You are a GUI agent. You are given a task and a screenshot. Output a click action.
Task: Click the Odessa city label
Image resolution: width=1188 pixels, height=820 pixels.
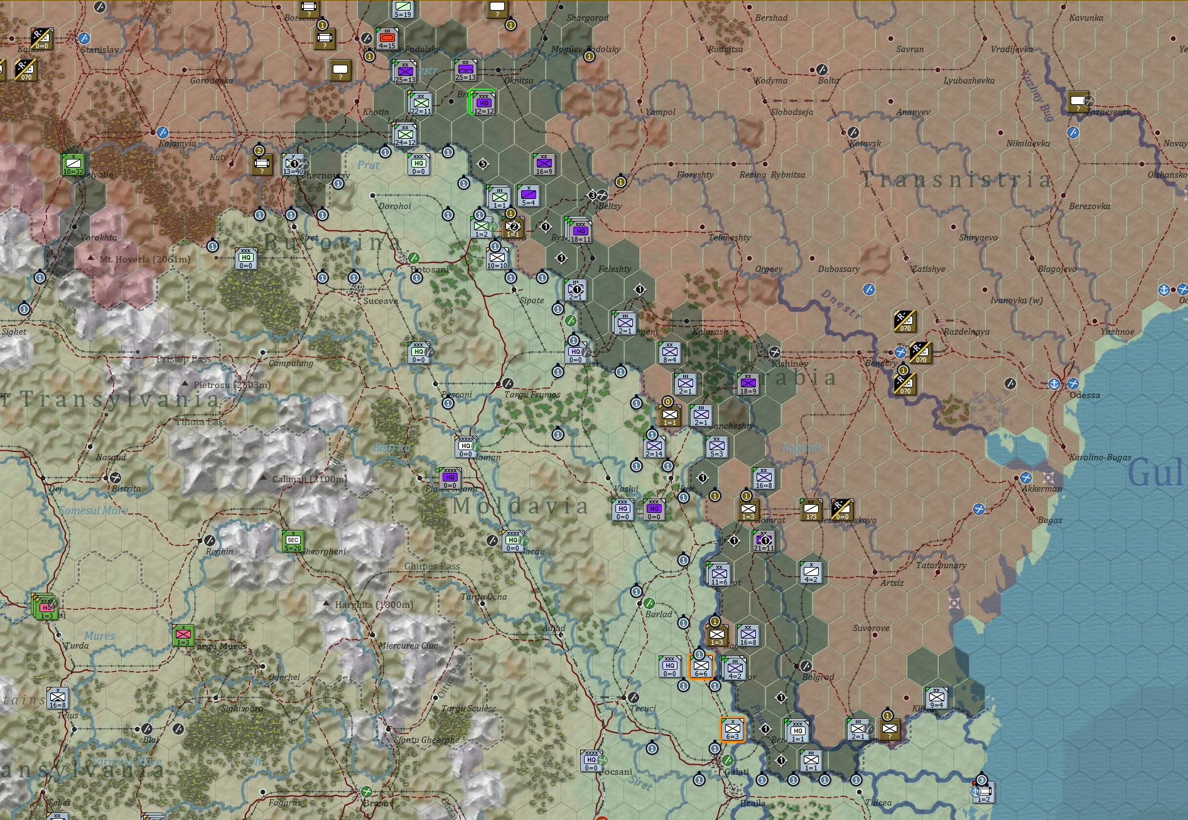pos(1084,395)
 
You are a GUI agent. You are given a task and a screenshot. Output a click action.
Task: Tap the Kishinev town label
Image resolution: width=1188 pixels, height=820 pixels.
pos(789,364)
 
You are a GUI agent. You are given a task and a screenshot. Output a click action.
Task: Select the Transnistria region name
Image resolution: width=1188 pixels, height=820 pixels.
pos(956,180)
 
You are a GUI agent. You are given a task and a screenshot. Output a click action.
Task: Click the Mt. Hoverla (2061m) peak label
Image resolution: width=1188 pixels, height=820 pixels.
pos(144,259)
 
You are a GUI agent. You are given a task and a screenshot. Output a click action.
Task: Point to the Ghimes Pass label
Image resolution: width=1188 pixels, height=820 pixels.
pos(432,566)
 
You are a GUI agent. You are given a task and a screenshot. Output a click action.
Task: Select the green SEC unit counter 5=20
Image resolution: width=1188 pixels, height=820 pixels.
pos(293,541)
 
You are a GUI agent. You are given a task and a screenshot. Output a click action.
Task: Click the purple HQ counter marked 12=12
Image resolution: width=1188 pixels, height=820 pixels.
pos(483,104)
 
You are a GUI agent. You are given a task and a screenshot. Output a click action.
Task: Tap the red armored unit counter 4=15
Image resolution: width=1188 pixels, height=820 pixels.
pos(387,39)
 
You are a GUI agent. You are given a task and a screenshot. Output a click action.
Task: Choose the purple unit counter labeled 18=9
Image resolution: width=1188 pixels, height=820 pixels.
pos(748,384)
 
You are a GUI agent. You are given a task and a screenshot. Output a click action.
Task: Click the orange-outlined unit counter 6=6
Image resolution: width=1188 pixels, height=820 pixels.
pos(701,667)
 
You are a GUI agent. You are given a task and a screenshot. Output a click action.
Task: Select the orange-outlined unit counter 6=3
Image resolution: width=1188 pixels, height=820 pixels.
pos(732,730)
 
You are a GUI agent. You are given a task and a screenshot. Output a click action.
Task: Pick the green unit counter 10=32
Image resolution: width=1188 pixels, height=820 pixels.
pos(73,165)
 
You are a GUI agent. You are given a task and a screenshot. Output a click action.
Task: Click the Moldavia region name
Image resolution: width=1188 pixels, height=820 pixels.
pos(520,506)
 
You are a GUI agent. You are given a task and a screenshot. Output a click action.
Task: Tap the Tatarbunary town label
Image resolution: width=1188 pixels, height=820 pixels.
pos(941,565)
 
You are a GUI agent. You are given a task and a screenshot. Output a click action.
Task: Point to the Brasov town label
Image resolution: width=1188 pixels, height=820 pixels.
pos(378,803)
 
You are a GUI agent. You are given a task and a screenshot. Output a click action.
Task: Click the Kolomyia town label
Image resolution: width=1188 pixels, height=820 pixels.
pos(177,143)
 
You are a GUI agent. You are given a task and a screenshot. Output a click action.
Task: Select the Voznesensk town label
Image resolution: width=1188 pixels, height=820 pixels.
pos(1108,112)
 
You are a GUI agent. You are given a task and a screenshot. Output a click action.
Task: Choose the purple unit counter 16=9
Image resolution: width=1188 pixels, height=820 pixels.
pos(544,165)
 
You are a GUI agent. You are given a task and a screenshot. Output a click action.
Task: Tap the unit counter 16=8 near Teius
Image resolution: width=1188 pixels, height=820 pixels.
pos(57,698)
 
